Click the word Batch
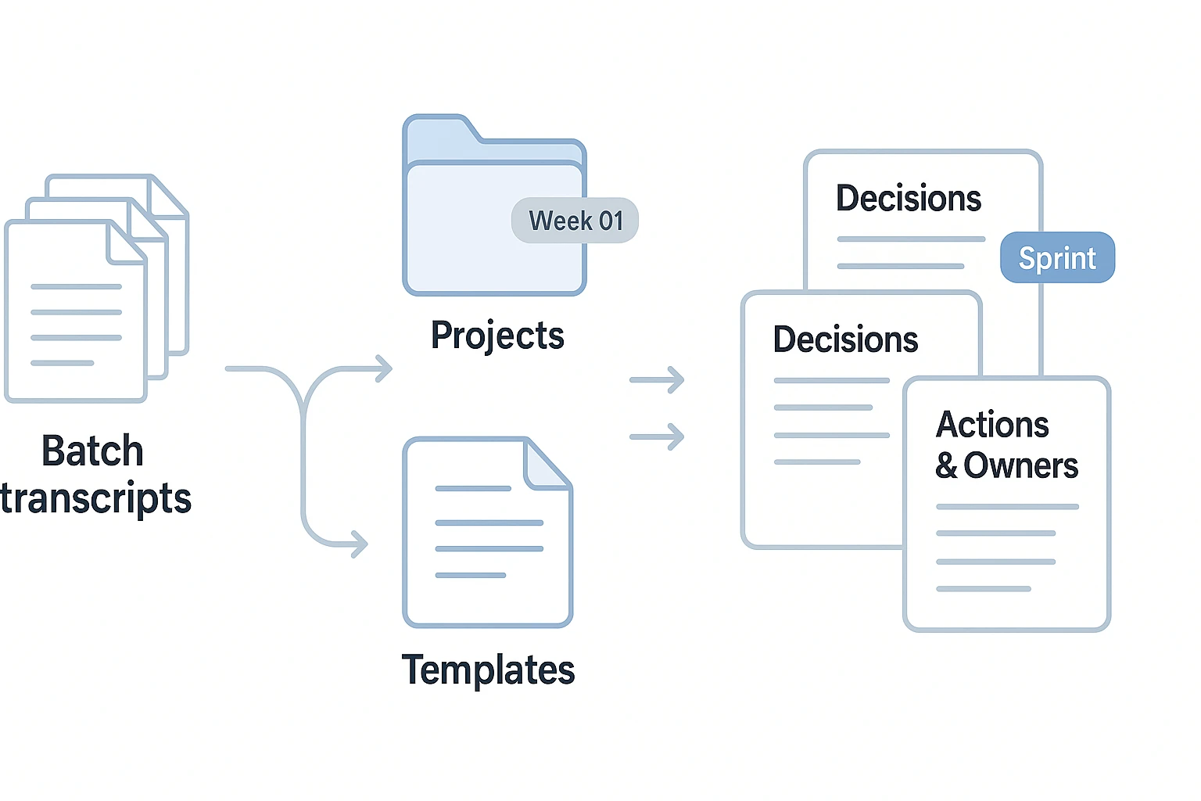click(x=92, y=451)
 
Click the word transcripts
click(x=95, y=499)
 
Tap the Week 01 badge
click(x=575, y=221)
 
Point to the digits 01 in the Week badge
click(x=611, y=221)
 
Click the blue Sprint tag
click(x=1057, y=257)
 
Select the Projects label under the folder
click(x=497, y=336)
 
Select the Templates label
click(x=488, y=670)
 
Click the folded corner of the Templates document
click(x=548, y=466)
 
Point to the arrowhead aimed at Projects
click(x=384, y=368)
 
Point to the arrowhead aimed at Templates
click(x=360, y=544)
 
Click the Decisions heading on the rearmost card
click(x=908, y=199)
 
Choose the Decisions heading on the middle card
click(x=845, y=340)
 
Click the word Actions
click(x=992, y=425)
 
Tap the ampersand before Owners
click(x=946, y=466)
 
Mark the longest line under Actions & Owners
click(x=1007, y=507)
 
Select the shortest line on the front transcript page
click(x=63, y=363)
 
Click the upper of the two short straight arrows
click(x=658, y=380)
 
